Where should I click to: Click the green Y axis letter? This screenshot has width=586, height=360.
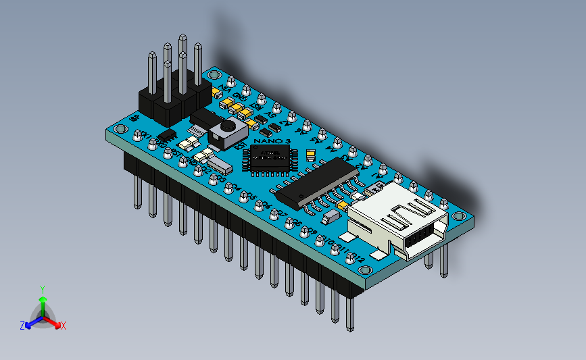pyautogui.click(x=42, y=289)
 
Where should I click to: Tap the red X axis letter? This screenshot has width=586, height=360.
pyautogui.click(x=64, y=326)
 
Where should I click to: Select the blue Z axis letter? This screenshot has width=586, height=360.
pyautogui.click(x=22, y=326)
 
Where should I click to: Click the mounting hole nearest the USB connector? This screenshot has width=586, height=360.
pyautogui.click(x=460, y=217)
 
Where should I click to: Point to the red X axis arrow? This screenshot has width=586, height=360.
pyautogui.click(x=55, y=322)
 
